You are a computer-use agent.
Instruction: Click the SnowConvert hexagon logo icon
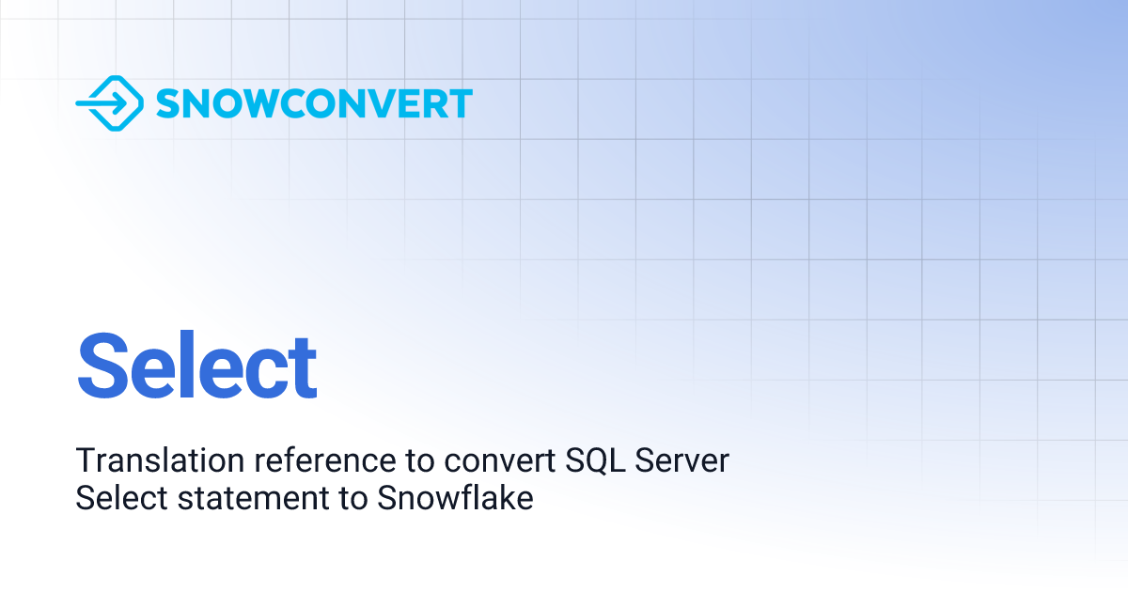(109, 103)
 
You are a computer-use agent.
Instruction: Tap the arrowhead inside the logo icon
(121, 103)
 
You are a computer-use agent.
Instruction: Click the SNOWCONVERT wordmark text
(314, 103)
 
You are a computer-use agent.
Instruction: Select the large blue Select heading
(196, 365)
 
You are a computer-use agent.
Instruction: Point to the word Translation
(160, 460)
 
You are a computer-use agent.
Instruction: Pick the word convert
(499, 461)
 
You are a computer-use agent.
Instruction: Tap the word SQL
(595, 460)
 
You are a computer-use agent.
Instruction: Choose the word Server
(681, 460)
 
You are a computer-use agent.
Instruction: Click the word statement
(253, 498)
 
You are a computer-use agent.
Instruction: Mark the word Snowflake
(455, 497)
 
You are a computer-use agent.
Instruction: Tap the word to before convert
(420, 461)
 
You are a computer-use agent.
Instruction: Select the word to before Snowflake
(353, 498)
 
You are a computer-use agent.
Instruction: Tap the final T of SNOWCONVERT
(461, 103)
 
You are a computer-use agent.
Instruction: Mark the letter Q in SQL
(595, 461)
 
